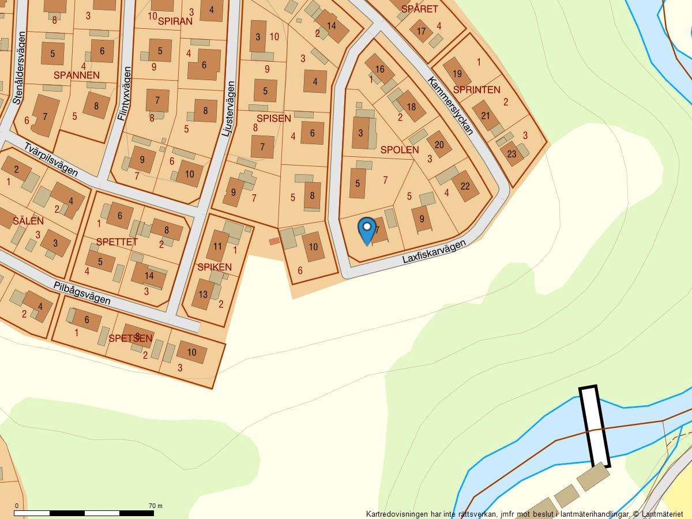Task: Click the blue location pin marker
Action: click(x=367, y=230)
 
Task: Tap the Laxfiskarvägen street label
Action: click(x=434, y=253)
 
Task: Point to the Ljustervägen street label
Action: click(x=228, y=109)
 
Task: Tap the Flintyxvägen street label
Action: click(x=124, y=93)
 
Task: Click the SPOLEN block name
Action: click(x=400, y=150)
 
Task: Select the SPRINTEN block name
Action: click(x=476, y=89)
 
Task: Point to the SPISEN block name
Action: click(x=273, y=119)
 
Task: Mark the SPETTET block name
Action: click(x=117, y=242)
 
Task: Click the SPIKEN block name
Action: click(x=214, y=267)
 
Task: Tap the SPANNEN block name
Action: click(x=77, y=75)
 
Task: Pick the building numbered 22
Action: click(x=465, y=186)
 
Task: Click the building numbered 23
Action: click(x=512, y=154)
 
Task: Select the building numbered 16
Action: click(x=379, y=70)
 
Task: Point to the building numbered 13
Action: click(x=203, y=294)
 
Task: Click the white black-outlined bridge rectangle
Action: click(x=595, y=426)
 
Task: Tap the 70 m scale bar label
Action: click(x=155, y=506)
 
